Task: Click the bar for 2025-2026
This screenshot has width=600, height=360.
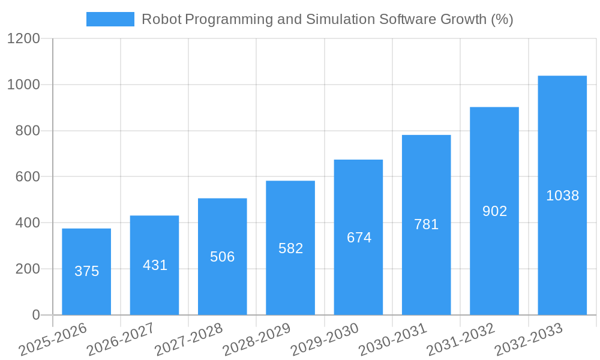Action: click(x=86, y=271)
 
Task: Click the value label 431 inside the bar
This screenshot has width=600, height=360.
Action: click(x=155, y=265)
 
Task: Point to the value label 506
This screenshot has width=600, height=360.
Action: click(x=223, y=257)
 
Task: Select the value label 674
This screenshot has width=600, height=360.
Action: click(x=359, y=238)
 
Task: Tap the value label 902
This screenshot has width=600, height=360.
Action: click(x=495, y=211)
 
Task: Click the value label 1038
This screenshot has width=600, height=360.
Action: click(x=562, y=196)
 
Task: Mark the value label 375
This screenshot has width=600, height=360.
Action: click(x=86, y=271)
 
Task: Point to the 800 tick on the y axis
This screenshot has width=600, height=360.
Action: click(x=27, y=131)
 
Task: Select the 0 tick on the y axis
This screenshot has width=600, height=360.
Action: click(x=35, y=315)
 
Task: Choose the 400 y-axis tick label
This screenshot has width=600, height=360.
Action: click(x=27, y=223)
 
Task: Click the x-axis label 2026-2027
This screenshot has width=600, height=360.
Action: click(x=121, y=339)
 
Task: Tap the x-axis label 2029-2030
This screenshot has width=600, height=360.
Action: click(x=325, y=339)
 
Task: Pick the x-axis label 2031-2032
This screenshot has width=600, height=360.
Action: click(x=461, y=339)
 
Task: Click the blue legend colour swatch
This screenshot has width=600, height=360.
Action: click(x=110, y=19)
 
